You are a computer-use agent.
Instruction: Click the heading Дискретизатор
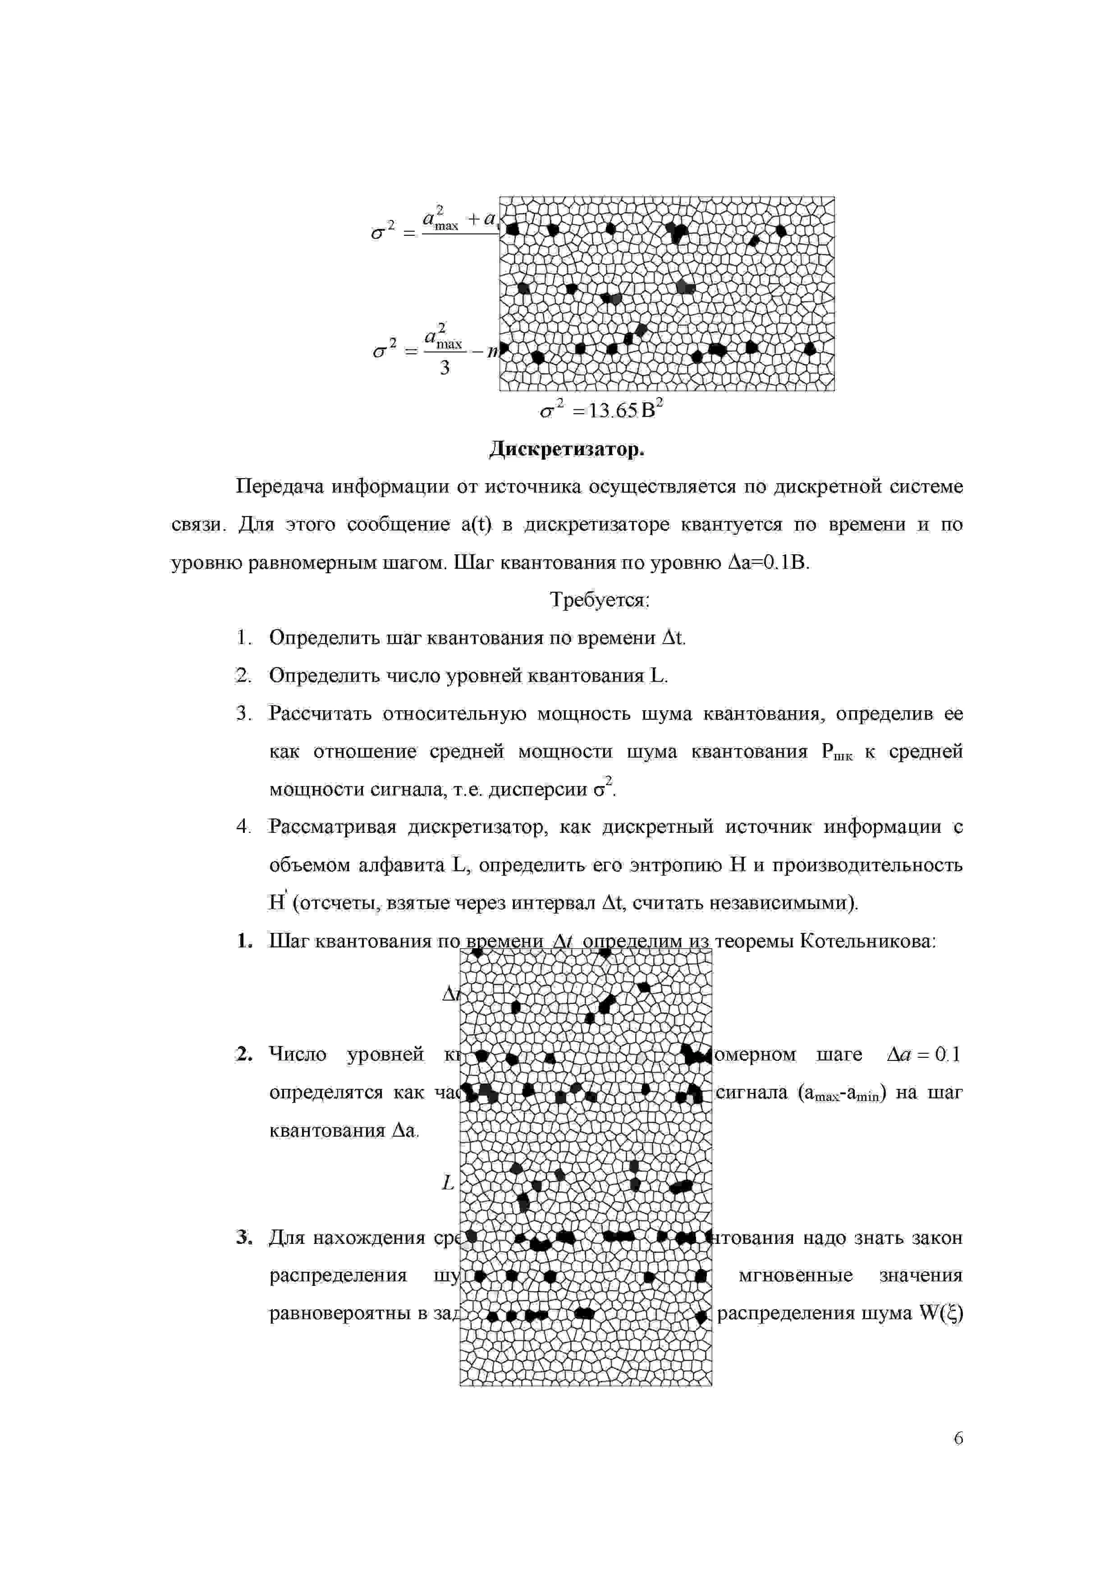pyautogui.click(x=566, y=449)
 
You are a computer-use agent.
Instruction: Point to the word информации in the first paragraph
pyautogui.click(x=389, y=487)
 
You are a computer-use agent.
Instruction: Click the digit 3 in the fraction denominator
pyautogui.click(x=445, y=368)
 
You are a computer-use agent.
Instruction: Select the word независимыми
pyautogui.click(x=786, y=903)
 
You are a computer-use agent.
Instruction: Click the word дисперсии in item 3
pyautogui.click(x=537, y=789)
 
